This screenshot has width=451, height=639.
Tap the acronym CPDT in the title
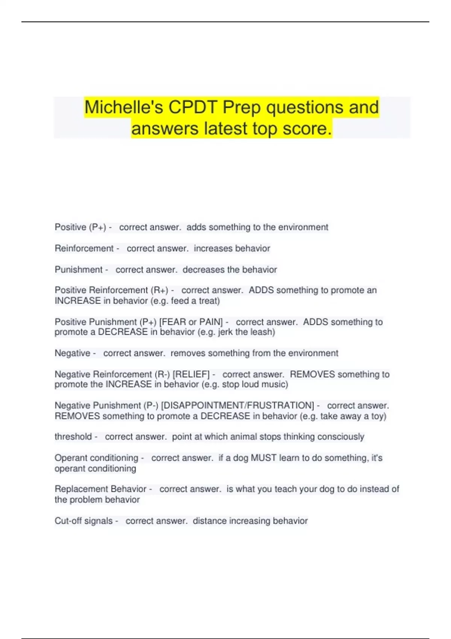pos(193,107)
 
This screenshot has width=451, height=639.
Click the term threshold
pos(73,437)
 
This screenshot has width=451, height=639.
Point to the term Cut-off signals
pos(83,521)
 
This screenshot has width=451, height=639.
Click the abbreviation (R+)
pos(159,290)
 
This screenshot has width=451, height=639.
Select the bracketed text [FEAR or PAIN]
pos(191,322)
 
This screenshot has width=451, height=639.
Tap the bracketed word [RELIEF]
pos(191,374)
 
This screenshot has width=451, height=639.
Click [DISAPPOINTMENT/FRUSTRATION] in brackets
pos(238,406)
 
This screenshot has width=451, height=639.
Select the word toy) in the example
pos(378,416)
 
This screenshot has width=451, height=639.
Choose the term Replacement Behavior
pos(100,489)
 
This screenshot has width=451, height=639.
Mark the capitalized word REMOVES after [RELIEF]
pos(312,374)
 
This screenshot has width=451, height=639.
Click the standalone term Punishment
pos(79,270)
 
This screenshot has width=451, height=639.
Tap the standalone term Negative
pos(73,353)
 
